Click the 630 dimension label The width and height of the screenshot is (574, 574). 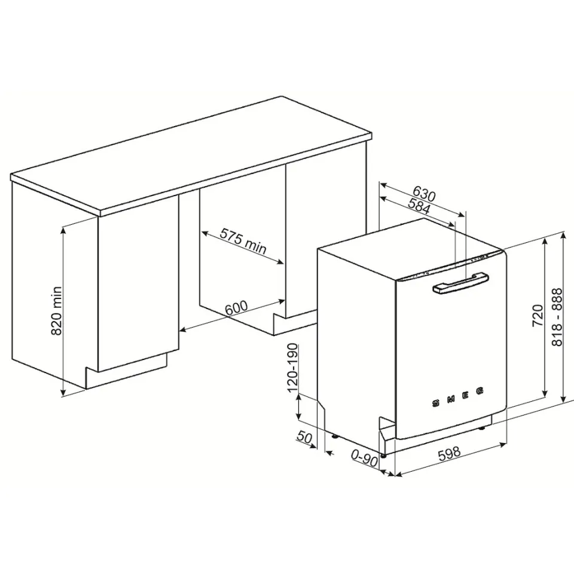click(x=424, y=194)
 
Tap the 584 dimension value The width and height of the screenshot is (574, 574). click(x=419, y=206)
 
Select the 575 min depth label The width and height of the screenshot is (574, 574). click(x=243, y=241)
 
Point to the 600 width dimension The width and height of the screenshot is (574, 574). click(x=237, y=308)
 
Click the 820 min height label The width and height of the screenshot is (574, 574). click(x=56, y=310)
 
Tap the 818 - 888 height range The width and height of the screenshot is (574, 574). click(x=557, y=317)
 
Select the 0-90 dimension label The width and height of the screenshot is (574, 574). click(x=364, y=458)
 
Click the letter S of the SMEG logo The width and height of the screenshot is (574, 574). click(x=436, y=404)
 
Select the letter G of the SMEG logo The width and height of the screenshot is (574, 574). click(x=480, y=391)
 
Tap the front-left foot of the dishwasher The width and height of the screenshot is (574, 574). click(x=383, y=456)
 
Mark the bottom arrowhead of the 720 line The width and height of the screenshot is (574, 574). click(x=545, y=393)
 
